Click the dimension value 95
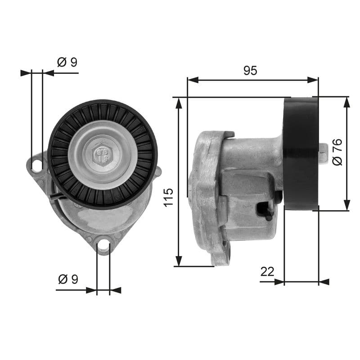coord(250,71)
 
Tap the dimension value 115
coord(168,197)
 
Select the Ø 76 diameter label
coord(337,152)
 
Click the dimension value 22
coord(267,271)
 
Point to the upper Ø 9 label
coord(67,62)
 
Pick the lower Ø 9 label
coord(68,279)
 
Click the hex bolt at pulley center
coord(103,155)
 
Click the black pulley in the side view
coord(301,153)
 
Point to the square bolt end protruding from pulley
coord(323,153)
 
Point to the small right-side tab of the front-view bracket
coord(158,171)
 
